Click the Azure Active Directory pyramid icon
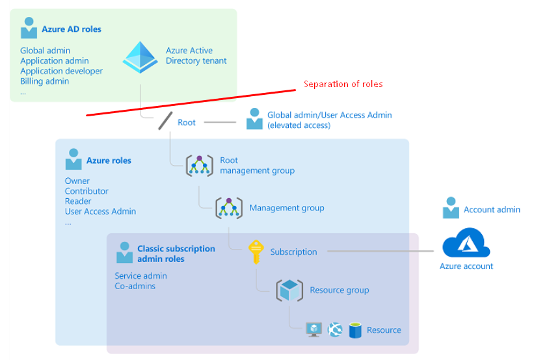point(140,57)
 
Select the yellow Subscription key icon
point(256,251)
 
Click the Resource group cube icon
point(289,290)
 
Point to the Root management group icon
point(200,165)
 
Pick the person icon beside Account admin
point(451,209)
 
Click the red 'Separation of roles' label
point(343,84)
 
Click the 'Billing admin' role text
point(45,81)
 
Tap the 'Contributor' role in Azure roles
point(87,191)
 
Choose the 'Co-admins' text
point(135,286)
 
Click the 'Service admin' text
point(140,276)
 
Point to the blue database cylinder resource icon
point(354,330)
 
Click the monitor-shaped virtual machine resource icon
point(314,330)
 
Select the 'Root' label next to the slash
point(187,122)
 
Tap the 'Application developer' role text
point(62,71)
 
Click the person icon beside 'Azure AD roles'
point(29,28)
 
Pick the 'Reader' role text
point(77,201)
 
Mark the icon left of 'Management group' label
point(229,208)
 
